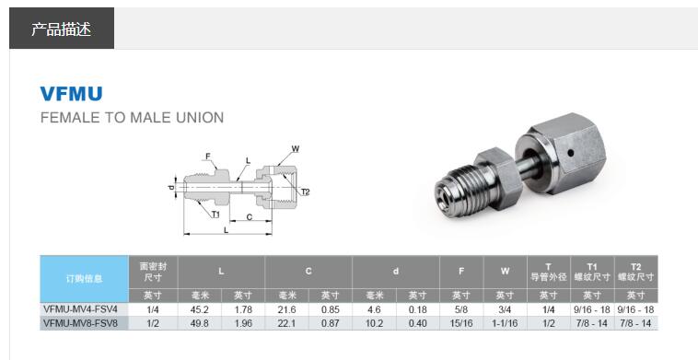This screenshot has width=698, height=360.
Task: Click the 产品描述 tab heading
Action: tap(61, 29)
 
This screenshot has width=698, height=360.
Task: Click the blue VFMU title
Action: tap(71, 93)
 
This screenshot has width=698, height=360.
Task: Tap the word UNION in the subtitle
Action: tap(200, 118)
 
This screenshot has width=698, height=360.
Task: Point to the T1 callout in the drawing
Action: tap(215, 215)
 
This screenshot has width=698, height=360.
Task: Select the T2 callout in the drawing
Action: tap(305, 192)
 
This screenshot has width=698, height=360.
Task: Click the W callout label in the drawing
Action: tap(296, 149)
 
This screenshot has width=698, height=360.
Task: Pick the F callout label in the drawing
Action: tap(207, 157)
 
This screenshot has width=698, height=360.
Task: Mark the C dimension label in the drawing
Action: tap(250, 216)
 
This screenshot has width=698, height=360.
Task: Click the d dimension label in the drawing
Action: tap(172, 187)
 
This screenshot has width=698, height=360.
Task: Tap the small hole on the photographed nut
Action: tap(570, 153)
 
